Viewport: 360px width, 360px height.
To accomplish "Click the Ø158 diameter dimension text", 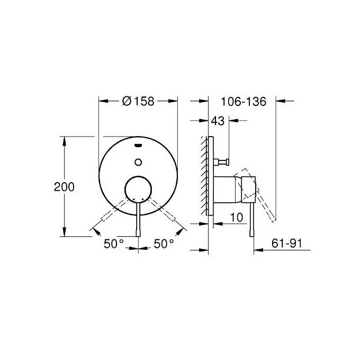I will coord(138,101).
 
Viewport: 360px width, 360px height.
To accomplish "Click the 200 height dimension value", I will coord(64,187).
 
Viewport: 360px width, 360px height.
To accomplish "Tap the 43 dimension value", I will coord(218,121).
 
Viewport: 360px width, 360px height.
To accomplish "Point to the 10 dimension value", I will coord(236,217).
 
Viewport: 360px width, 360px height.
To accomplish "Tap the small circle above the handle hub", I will coord(138,161).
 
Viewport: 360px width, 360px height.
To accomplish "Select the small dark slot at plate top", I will coord(138,143).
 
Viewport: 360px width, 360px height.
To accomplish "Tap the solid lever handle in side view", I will coord(252,217).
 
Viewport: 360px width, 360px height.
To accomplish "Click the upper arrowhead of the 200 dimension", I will coord(65,140).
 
